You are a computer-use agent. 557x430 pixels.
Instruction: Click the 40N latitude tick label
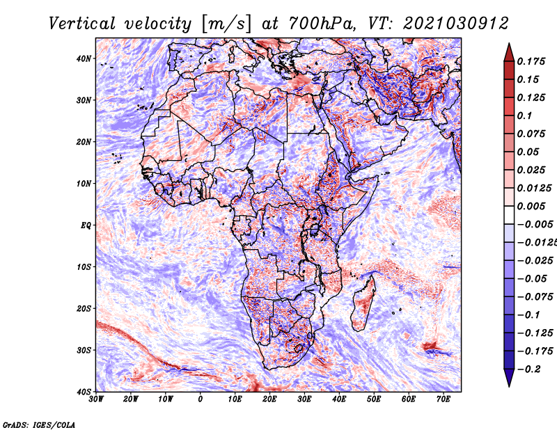[x=84, y=58]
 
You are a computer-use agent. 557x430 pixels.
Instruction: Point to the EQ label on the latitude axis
[x=86, y=225]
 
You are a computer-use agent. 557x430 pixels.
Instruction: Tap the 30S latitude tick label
[x=84, y=350]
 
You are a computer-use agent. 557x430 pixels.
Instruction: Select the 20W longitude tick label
[x=131, y=399]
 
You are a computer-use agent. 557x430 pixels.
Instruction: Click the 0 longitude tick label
[x=201, y=399]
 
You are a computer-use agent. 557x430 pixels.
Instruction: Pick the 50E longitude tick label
[x=374, y=399]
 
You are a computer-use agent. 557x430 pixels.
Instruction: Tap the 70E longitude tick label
[x=444, y=399]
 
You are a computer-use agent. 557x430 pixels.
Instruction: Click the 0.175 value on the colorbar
[x=531, y=61]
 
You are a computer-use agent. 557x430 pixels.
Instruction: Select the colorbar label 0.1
[x=524, y=116]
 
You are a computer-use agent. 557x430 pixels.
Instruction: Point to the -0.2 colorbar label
[x=529, y=369]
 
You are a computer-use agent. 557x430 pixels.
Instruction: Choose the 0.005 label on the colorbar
[x=531, y=206]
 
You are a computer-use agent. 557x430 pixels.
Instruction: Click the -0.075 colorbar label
[x=535, y=297]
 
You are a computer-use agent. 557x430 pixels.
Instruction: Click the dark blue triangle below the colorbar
[x=509, y=376]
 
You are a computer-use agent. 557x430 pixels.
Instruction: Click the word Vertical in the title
[x=81, y=24]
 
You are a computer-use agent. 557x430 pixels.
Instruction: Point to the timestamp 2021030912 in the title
[x=456, y=24]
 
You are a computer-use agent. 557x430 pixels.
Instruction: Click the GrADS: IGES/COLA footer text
[x=39, y=425]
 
